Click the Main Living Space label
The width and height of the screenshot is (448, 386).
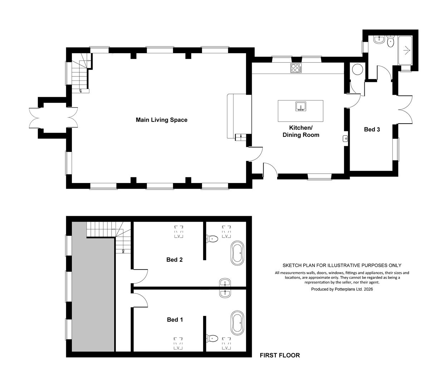pos(162,120)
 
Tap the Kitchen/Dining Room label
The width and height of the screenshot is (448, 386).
pos(301,131)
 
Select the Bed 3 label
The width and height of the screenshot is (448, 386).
pos(372,129)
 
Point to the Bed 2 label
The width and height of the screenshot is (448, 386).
pos(174,259)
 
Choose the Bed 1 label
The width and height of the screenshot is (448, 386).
pos(175,320)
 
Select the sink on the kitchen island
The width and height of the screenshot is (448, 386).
pos(301,107)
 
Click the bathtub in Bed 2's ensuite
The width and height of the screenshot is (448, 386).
pos(237,253)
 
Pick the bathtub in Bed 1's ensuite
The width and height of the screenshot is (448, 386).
pos(237,323)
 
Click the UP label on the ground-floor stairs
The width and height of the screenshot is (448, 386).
pos(80,91)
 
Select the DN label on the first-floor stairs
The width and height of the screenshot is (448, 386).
pos(123,251)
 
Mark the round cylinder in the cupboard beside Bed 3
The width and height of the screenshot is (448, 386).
pos(358,69)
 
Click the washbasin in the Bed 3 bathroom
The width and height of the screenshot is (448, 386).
pos(379,40)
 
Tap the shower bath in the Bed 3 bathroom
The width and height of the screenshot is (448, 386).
pos(405,50)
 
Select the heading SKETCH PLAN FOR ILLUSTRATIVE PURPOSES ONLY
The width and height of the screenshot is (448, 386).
pos(342,265)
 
